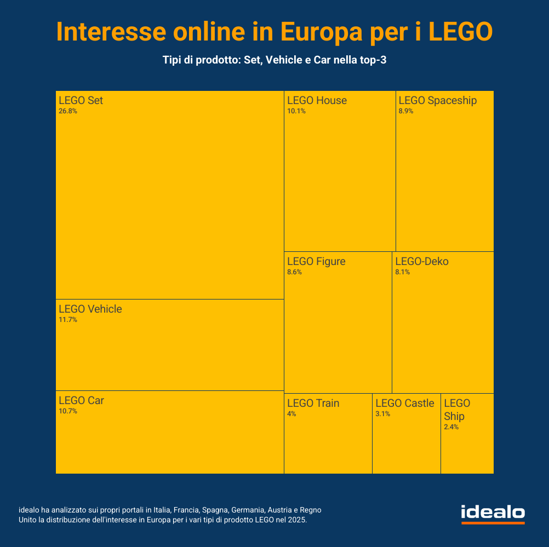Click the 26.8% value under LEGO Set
coord(68,111)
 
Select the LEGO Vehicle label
coord(90,309)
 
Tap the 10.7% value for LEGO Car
coord(68,411)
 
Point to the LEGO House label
coord(317,101)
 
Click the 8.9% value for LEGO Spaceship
coord(406,111)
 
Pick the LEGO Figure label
coord(316,262)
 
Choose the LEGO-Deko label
coord(422,262)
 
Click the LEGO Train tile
coord(328,438)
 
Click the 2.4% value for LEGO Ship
coord(451,427)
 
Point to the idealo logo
coord(493,514)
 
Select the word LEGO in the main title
coord(460,32)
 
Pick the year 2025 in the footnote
coord(296,520)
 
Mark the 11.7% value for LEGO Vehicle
coord(68,320)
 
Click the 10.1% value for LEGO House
coord(296,111)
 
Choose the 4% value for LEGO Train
coord(291,414)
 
